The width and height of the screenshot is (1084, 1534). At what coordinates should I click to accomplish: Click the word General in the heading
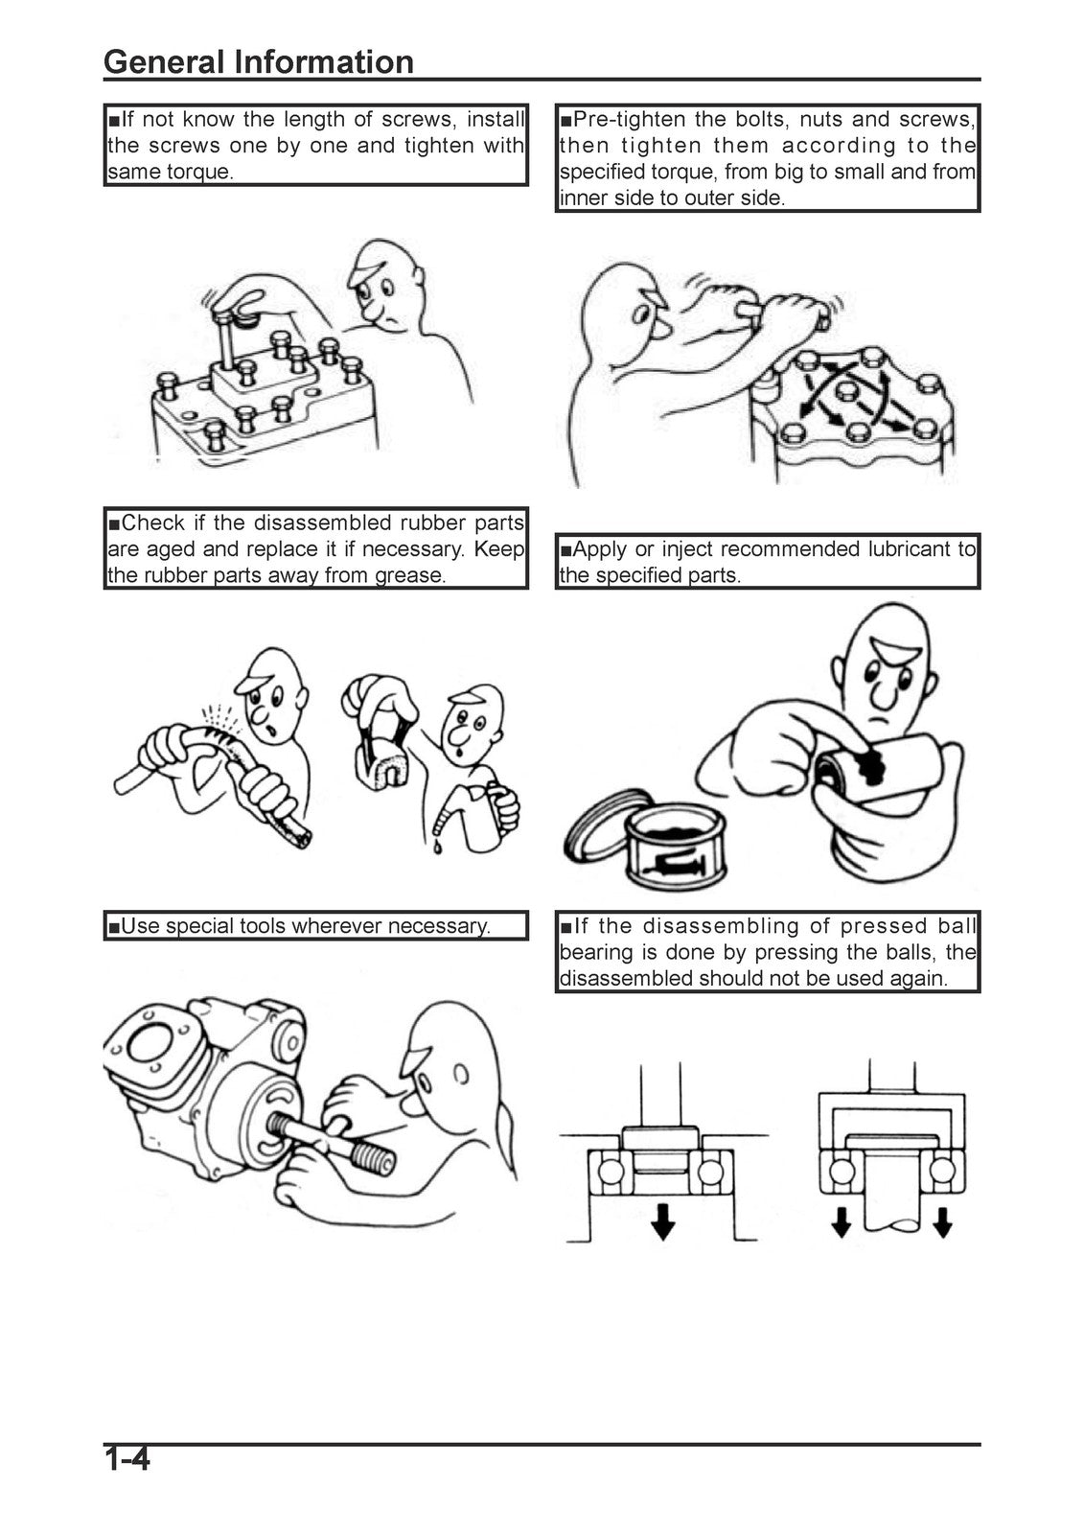(x=164, y=61)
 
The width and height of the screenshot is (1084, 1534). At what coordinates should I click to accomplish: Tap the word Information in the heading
(x=324, y=61)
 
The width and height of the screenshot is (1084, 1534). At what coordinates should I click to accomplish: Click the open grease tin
(x=675, y=848)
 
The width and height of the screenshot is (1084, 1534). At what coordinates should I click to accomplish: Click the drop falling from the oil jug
(x=435, y=848)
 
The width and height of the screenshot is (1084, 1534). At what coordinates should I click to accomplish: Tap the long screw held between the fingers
(x=223, y=339)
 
